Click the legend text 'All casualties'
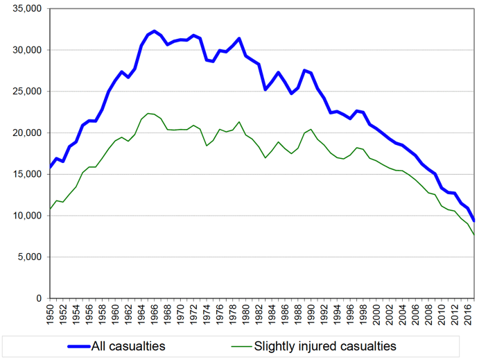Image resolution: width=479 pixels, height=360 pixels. coord(129,345)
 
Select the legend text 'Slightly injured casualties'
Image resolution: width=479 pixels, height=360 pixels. coord(325,345)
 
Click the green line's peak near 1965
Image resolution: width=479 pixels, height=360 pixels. coord(148,113)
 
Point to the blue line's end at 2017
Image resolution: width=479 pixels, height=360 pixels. coord(474,221)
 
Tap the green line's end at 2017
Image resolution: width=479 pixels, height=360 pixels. coord(474,235)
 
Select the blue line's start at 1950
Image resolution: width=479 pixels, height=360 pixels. coord(50,167)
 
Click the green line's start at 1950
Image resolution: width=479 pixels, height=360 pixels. coord(50,209)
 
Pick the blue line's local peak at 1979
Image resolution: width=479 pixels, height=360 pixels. coord(239,39)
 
